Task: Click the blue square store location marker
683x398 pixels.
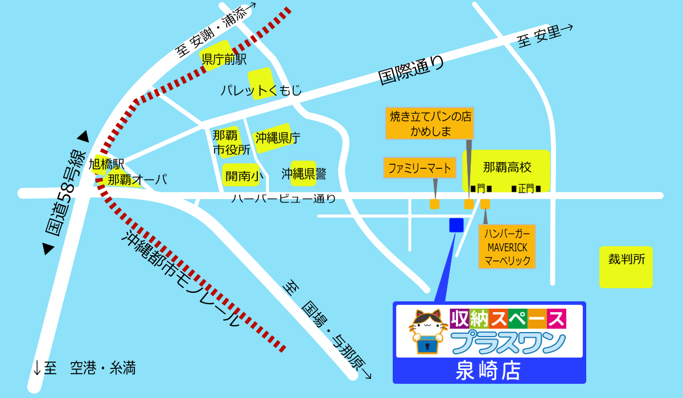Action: click(x=456, y=225)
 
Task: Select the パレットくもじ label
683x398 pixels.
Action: click(x=261, y=90)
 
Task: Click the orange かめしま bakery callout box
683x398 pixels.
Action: click(x=430, y=123)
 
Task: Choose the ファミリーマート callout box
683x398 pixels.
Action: click(x=419, y=168)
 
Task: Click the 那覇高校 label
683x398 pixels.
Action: click(x=507, y=167)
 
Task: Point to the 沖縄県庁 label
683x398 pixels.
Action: click(x=277, y=138)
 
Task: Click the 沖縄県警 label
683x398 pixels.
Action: click(x=304, y=174)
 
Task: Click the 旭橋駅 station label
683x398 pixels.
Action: click(x=106, y=164)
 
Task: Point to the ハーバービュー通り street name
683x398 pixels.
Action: click(x=283, y=198)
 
